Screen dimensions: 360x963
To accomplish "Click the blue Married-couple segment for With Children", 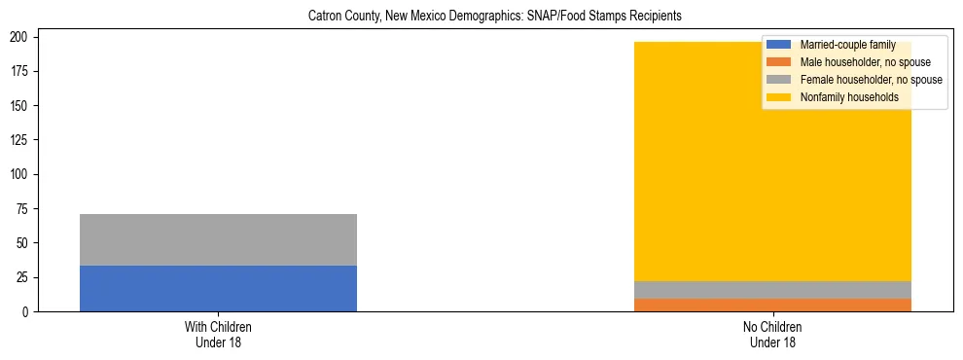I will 218,288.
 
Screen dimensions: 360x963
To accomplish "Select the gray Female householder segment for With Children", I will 218,239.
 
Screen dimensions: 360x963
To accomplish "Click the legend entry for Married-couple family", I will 841,45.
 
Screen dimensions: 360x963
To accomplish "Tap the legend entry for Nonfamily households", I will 848,97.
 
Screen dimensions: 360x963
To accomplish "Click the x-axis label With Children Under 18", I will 218,334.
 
